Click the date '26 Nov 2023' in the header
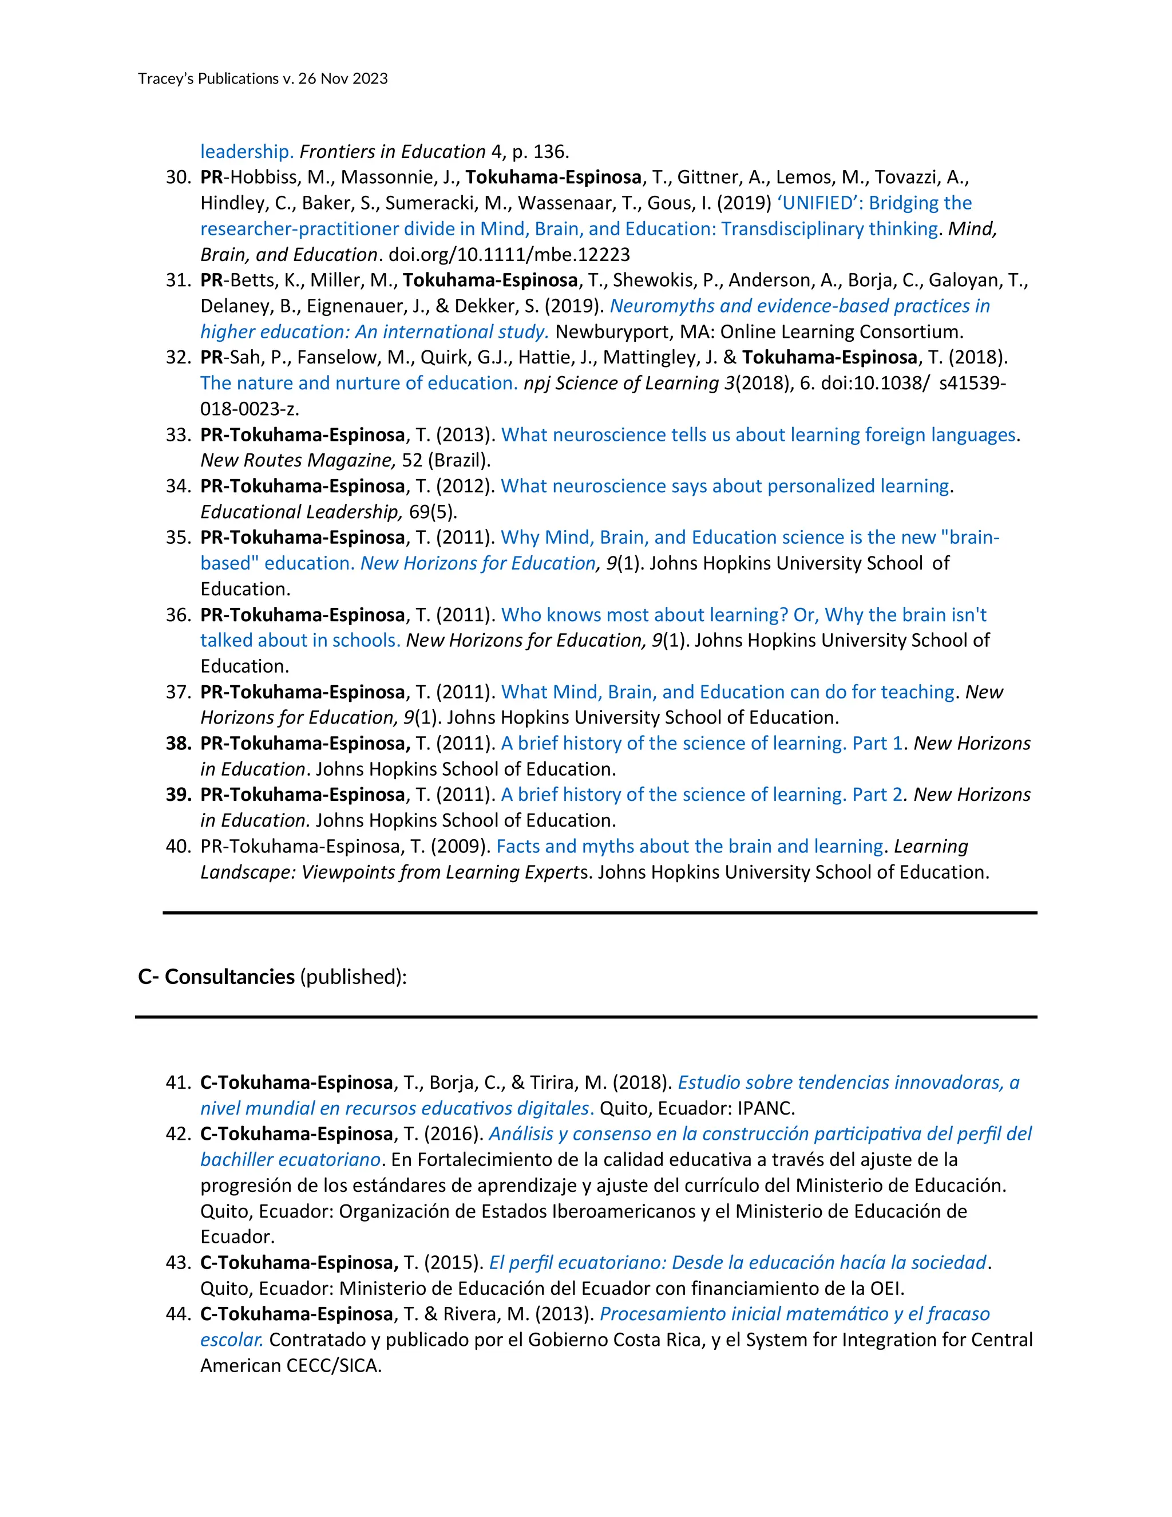pos(342,78)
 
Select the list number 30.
pos(178,177)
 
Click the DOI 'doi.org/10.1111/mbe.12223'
pos(509,254)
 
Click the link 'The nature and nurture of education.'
pos(359,384)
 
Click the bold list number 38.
pos(178,743)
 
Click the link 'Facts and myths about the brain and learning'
pos(690,847)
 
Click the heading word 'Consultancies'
pos(229,977)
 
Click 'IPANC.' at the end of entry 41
pos(766,1108)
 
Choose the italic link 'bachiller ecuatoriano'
pos(290,1159)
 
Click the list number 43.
pos(178,1263)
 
